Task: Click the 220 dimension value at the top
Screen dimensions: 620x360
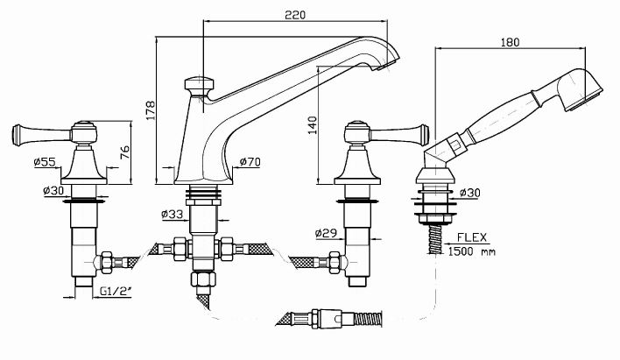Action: tap(295, 15)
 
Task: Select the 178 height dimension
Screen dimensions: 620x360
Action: tap(151, 110)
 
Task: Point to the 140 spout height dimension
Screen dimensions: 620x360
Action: tap(313, 125)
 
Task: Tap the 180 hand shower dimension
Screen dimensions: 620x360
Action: tap(510, 42)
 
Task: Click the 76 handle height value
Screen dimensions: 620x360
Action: tap(124, 152)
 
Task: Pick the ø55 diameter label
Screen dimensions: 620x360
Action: tap(45, 162)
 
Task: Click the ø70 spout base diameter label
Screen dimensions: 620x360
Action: tap(250, 161)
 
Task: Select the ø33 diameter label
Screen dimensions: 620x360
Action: tap(173, 214)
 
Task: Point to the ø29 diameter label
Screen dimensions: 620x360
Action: tap(327, 233)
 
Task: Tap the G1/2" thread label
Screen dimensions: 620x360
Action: tap(115, 291)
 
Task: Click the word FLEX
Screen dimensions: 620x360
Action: tap(472, 237)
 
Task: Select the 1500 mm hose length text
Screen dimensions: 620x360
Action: tap(471, 251)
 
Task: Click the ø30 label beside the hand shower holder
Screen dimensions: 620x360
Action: tap(470, 193)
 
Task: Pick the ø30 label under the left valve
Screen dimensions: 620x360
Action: tap(53, 190)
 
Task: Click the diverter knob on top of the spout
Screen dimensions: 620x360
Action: tap(200, 85)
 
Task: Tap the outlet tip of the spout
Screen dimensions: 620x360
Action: tap(387, 65)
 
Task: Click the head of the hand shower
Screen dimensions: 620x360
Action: tap(583, 90)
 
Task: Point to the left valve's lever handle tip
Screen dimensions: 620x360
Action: tap(17, 135)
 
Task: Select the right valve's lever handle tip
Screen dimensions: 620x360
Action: tap(424, 135)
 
